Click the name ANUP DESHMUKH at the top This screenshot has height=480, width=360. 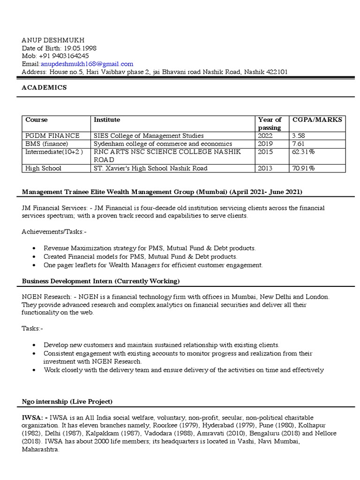click(50, 40)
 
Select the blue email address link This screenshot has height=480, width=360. click(87, 64)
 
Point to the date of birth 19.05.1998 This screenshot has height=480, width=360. click(82, 48)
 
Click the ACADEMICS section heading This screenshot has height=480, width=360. click(44, 88)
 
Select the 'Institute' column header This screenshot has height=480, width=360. click(107, 120)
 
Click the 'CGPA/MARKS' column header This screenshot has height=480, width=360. click(317, 120)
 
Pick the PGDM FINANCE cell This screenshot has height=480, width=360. click(52, 135)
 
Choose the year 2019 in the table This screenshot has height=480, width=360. click(265, 143)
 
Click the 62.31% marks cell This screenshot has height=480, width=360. click(304, 151)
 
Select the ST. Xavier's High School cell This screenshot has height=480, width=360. click(150, 168)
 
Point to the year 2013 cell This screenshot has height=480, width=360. click(265, 168)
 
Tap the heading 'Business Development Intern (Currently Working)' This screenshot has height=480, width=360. click(101, 281)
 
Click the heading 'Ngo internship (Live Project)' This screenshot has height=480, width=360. click(67, 402)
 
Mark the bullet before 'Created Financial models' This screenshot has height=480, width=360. click(37, 257)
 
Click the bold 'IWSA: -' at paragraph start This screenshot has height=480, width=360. click(35, 417)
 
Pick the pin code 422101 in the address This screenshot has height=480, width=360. click(276, 72)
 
